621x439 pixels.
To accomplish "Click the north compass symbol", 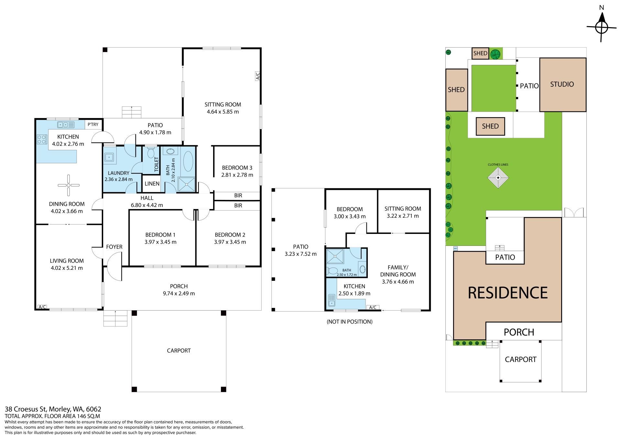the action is pyautogui.click(x=601, y=27).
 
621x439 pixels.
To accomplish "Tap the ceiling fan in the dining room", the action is pyautogui.click(x=69, y=185).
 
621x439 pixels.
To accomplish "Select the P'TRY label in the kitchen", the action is pyautogui.click(x=93, y=125).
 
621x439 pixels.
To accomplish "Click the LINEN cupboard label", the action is pyautogui.click(x=152, y=184).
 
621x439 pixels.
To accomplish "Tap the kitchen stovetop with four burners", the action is pyautogui.click(x=42, y=139).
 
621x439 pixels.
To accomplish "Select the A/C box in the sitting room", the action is pyautogui.click(x=258, y=76).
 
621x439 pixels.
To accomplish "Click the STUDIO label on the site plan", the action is pyautogui.click(x=562, y=84).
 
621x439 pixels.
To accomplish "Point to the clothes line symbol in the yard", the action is pyautogui.click(x=498, y=178).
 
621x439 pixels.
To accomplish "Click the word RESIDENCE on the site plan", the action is pyautogui.click(x=508, y=293).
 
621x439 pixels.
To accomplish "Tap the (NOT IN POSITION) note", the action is pyautogui.click(x=350, y=322).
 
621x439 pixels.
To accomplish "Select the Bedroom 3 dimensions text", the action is pyautogui.click(x=237, y=175).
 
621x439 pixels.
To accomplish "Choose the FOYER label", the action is pyautogui.click(x=114, y=247).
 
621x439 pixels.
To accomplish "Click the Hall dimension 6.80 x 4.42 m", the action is pyautogui.click(x=147, y=205).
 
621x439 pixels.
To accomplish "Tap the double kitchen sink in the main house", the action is pyautogui.click(x=66, y=125).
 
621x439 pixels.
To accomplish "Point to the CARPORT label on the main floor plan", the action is pyautogui.click(x=179, y=351).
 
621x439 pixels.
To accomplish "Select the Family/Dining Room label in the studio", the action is pyautogui.click(x=398, y=271).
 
